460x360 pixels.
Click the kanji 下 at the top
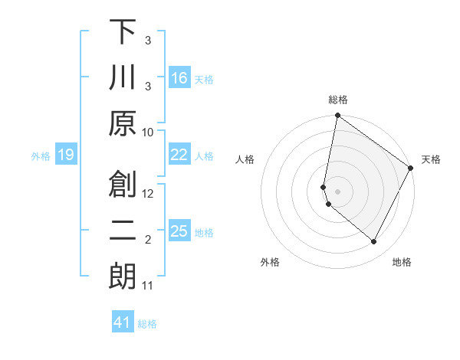tap(123, 32)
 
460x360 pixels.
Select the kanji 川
tap(123, 78)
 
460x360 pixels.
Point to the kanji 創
tap(123, 184)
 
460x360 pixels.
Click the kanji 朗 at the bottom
tap(123, 277)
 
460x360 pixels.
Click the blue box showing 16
tap(179, 78)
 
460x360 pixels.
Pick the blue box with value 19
tap(66, 155)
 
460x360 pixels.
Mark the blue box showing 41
tap(123, 322)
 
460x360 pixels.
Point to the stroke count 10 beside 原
tap(149, 133)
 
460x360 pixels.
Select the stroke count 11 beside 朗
tap(148, 286)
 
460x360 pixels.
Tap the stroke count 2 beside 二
tap(149, 241)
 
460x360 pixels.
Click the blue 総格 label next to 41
tap(147, 324)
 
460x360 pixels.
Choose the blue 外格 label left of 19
tap(41, 156)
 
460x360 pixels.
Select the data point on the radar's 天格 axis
tap(411, 169)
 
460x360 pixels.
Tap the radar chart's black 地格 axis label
tap(402, 262)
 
